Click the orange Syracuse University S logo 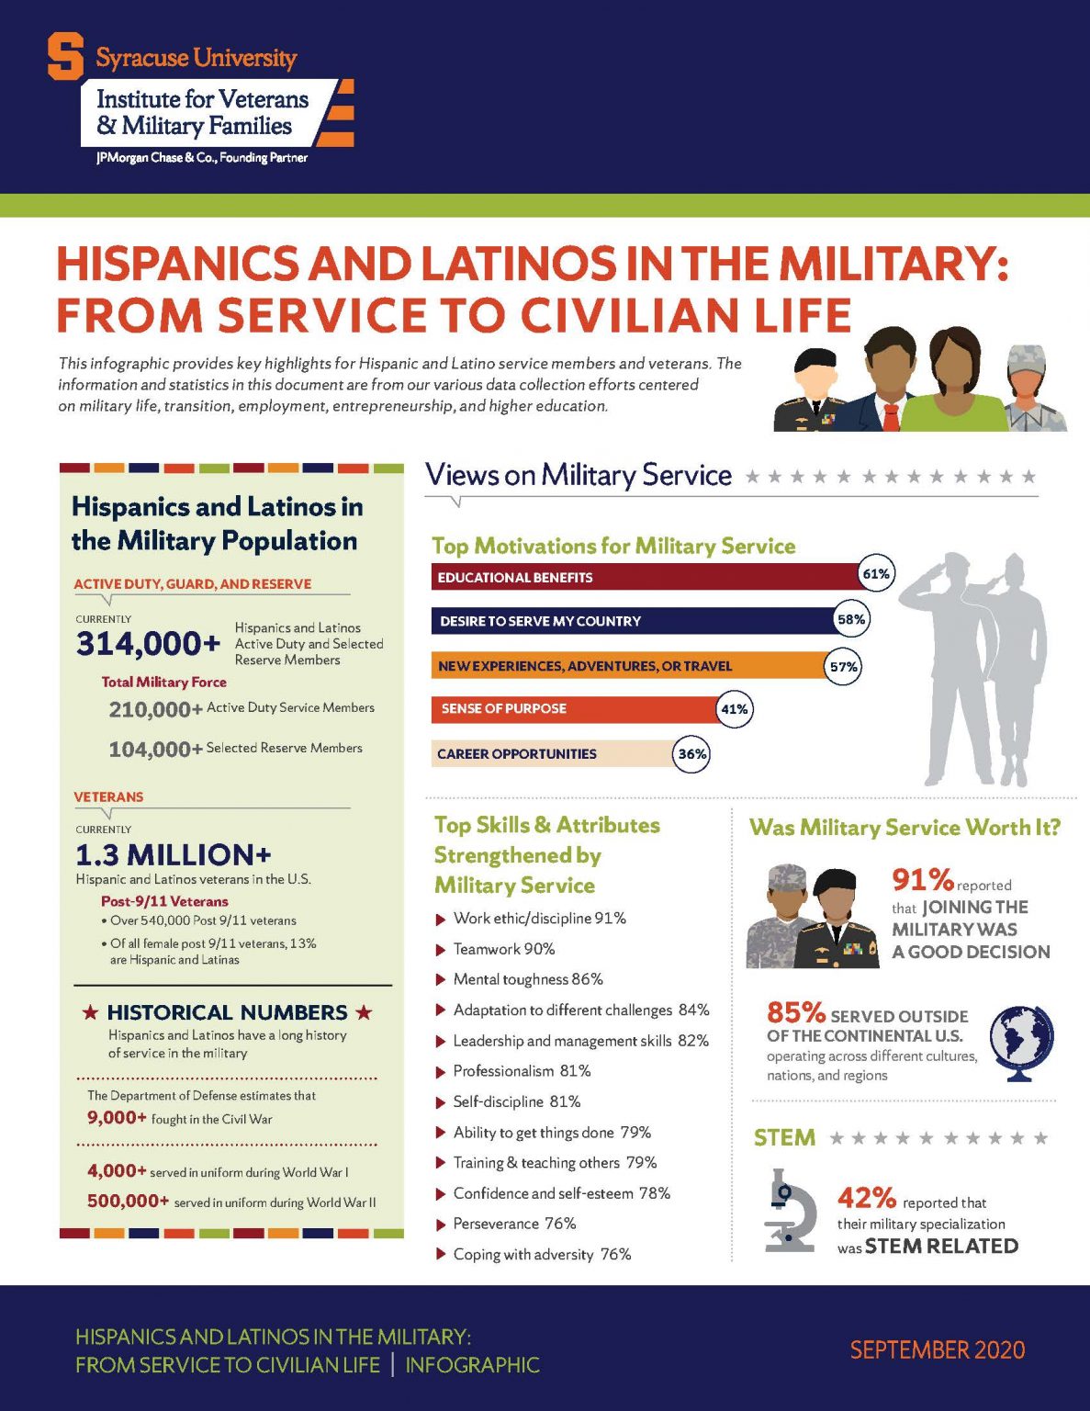tap(65, 57)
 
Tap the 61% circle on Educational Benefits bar tap(875, 574)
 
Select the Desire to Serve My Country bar tap(634, 621)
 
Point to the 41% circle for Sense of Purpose tap(734, 709)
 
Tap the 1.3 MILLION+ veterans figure tap(174, 855)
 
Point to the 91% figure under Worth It tap(922, 880)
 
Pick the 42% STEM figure tap(866, 1198)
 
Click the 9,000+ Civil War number tap(117, 1118)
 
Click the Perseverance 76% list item tap(514, 1224)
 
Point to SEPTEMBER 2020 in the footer tap(937, 1349)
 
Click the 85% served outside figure tap(796, 1012)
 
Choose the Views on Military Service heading tap(579, 475)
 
